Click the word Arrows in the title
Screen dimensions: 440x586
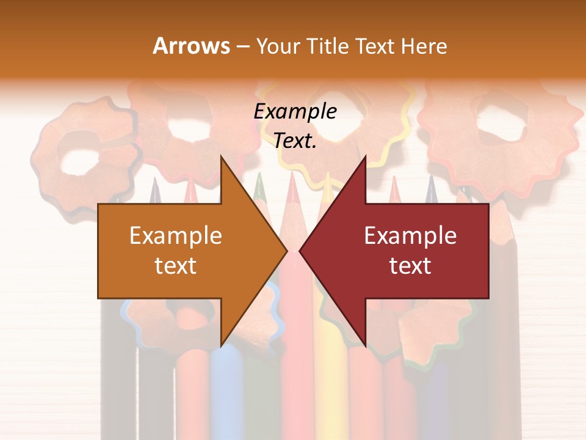(x=192, y=46)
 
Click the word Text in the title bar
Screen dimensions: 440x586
(x=375, y=46)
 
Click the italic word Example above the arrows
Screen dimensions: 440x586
(x=295, y=112)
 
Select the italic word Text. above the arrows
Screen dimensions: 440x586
(x=295, y=141)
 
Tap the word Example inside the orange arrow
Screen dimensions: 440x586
(x=176, y=236)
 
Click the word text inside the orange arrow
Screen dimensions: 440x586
(x=176, y=266)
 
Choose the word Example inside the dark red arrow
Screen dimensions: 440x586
(x=410, y=236)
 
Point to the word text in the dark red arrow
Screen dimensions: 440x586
(x=410, y=266)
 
